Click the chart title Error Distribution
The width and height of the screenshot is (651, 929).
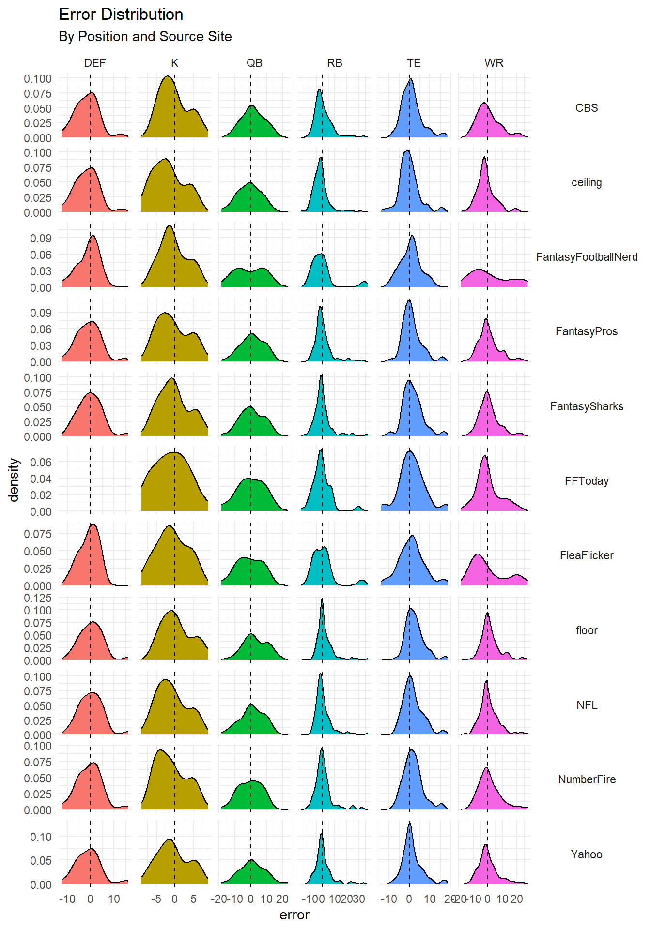point(121,15)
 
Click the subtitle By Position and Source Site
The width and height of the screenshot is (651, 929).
point(145,37)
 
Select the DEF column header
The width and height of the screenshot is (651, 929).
point(94,63)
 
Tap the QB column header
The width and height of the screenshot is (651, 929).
point(254,63)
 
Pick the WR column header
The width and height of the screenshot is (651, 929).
point(494,63)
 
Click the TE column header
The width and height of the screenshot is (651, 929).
point(414,63)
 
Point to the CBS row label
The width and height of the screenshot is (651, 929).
point(586,108)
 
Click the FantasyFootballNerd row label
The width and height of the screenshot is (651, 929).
point(586,257)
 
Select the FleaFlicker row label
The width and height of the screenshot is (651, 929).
point(586,555)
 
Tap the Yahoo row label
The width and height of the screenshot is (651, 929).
point(586,854)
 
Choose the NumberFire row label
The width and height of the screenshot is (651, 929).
point(586,779)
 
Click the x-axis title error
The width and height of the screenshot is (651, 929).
point(294,915)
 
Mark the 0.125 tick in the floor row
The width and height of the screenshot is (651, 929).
point(38,598)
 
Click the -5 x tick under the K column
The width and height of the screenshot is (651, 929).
point(156,899)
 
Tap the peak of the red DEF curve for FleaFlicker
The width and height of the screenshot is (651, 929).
point(93,524)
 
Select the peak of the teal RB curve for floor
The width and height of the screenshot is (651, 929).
point(322,599)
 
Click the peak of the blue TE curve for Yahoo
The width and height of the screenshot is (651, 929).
point(409,822)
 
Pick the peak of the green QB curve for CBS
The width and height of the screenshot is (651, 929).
point(252,105)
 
